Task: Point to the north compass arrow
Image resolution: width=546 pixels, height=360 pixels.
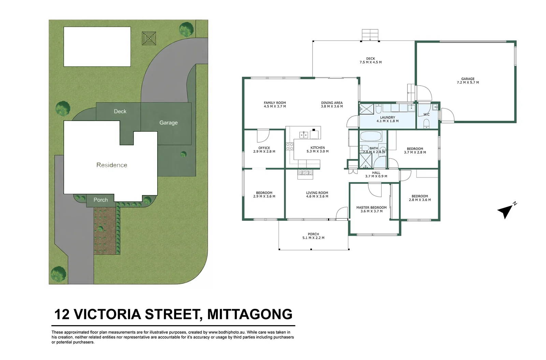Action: tap(505, 211)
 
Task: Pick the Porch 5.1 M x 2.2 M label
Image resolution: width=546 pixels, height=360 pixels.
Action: tap(313, 236)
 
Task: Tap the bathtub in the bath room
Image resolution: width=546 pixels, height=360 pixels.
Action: tap(371, 136)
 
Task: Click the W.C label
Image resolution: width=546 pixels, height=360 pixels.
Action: tap(426, 115)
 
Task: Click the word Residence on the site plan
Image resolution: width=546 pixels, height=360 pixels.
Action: tap(112, 165)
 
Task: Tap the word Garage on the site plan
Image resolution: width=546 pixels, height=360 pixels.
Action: tap(168, 123)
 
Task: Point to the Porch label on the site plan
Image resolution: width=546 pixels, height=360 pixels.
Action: tap(100, 200)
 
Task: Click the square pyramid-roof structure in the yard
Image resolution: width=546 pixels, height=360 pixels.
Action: tap(149, 39)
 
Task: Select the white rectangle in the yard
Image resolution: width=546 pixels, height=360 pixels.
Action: tap(97, 47)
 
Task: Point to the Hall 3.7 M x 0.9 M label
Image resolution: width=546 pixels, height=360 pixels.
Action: tap(376, 175)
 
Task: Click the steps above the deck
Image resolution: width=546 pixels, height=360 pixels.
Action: tap(370, 35)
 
